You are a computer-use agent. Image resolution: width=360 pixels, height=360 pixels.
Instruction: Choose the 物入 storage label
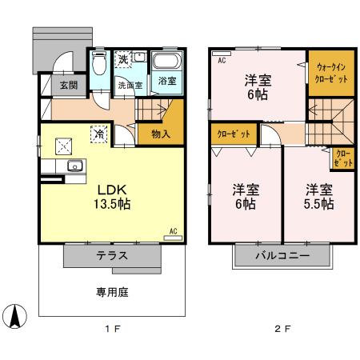[x=161, y=134]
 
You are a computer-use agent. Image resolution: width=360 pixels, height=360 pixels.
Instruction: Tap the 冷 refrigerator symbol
[x=98, y=135]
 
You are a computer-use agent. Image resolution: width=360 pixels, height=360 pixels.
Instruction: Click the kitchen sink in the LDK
[x=74, y=166]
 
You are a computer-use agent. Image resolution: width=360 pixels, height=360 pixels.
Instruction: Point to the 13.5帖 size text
[x=114, y=204]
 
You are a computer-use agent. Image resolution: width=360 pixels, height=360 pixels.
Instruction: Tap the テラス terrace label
[x=113, y=257]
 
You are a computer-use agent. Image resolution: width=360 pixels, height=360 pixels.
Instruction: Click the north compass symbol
[x=14, y=317]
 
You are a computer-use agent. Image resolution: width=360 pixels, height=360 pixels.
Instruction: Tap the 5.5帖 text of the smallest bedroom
[x=318, y=204]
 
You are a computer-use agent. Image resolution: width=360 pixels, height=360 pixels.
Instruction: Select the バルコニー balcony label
[x=282, y=257]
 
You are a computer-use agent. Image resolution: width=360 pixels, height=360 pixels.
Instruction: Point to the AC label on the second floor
[x=221, y=60]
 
